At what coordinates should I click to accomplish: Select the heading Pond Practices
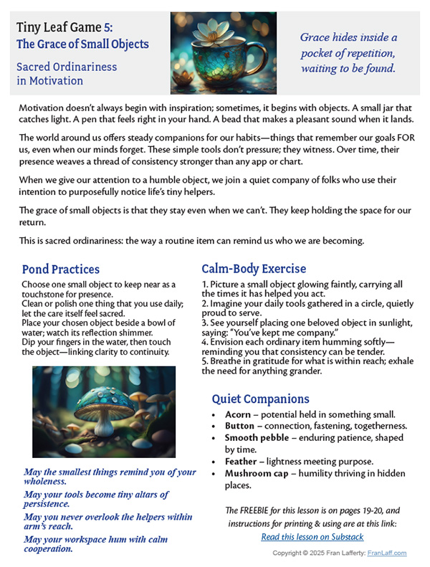pyautogui.click(x=61, y=270)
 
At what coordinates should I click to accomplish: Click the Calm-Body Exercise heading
pyautogui.click(x=254, y=269)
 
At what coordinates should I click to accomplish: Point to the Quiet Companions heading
pyautogui.click(x=260, y=399)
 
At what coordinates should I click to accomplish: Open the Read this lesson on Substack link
pyautogui.click(x=312, y=537)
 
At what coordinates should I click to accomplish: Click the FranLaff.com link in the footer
pyautogui.click(x=387, y=553)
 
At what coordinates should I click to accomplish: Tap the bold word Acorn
pyautogui.click(x=237, y=415)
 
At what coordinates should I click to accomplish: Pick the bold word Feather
pyautogui.click(x=240, y=462)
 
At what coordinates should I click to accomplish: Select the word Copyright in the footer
pyautogui.click(x=289, y=553)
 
